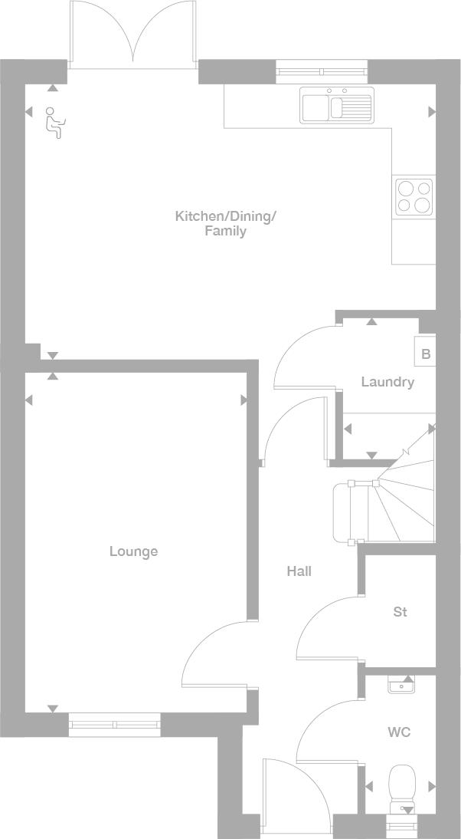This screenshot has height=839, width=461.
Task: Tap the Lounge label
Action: click(133, 551)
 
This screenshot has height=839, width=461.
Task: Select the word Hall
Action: click(299, 571)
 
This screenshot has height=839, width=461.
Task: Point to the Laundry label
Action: click(387, 382)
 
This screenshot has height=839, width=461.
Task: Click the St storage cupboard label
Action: click(400, 612)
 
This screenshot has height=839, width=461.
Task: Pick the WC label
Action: click(399, 732)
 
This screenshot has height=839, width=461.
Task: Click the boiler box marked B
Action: click(426, 354)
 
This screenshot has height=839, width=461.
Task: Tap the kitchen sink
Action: click(337, 105)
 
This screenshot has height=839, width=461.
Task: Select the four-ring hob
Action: click(414, 196)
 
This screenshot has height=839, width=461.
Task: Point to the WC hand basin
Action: click(401, 685)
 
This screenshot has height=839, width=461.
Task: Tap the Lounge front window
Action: click(115, 724)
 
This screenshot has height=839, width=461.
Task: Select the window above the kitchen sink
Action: click(322, 72)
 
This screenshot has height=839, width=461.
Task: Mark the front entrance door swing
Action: click(295, 790)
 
